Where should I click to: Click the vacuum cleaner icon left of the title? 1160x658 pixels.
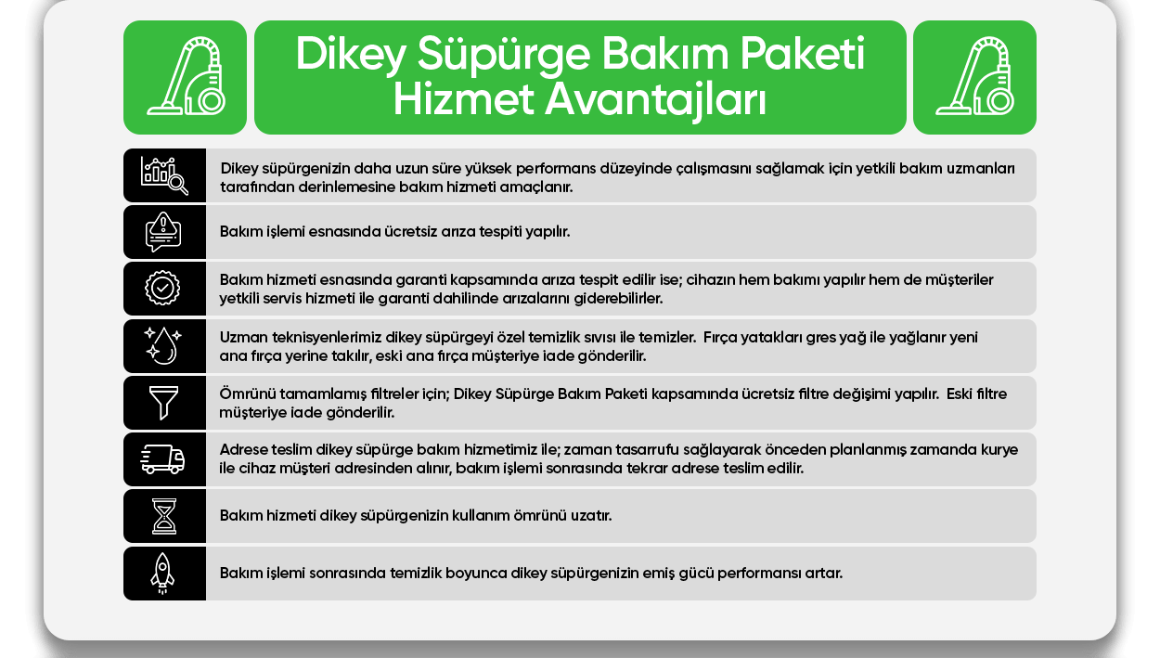[x=187, y=76]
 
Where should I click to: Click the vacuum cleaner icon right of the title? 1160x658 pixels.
[x=974, y=76]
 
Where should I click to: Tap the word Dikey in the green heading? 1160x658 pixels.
[x=350, y=54]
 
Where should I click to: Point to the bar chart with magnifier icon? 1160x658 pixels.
[x=164, y=175]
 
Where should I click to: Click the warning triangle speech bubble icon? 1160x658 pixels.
[x=163, y=232]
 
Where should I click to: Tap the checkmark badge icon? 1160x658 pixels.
[x=162, y=288]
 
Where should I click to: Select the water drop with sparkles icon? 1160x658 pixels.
[x=162, y=345]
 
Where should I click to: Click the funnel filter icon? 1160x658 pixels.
[x=163, y=402]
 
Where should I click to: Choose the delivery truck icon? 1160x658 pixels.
[x=162, y=459]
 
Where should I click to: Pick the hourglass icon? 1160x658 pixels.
[x=164, y=516]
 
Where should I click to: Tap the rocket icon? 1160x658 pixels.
[x=162, y=574]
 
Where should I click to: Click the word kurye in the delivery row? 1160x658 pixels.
[x=999, y=450]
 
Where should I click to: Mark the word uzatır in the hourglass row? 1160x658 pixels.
[x=591, y=516]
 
